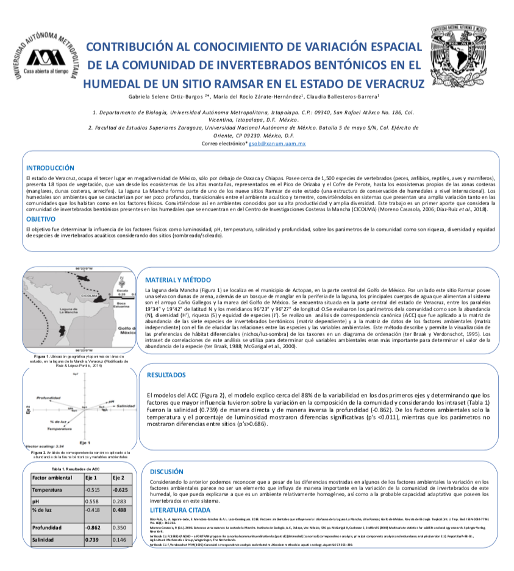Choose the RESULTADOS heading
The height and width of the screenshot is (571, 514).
tap(167, 375)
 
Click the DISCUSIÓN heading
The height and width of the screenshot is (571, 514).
tap(166, 471)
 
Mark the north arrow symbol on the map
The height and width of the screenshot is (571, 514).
tap(123, 282)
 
